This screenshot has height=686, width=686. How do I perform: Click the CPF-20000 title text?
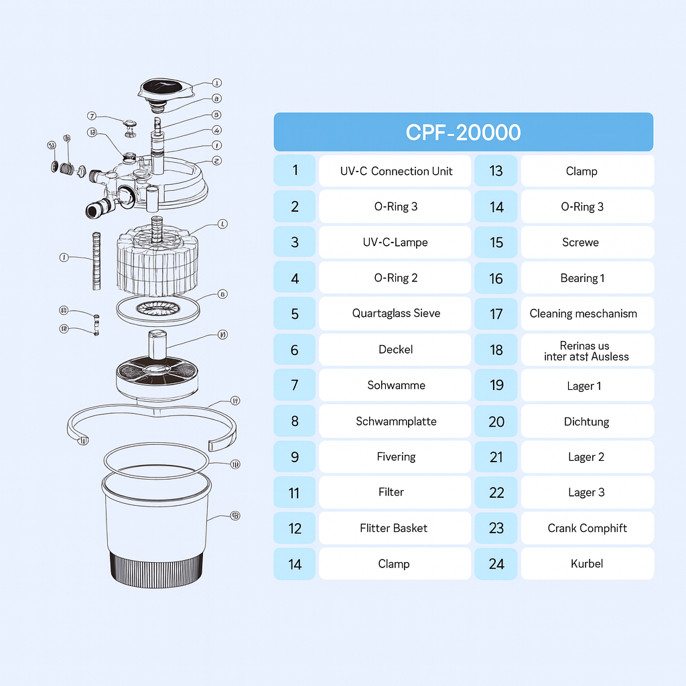[463, 132]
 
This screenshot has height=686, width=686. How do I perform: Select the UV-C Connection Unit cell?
[395, 171]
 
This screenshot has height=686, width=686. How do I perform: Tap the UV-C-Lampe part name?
[395, 242]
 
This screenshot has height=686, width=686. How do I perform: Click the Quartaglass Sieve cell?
[395, 313]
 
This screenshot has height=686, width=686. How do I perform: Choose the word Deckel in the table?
[395, 349]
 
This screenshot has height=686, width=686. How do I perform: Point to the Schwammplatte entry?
[395, 421]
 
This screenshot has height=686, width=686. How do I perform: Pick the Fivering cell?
[395, 457]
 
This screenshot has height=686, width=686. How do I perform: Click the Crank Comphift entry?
[587, 528]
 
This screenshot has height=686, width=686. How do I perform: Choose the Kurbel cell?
[587, 563]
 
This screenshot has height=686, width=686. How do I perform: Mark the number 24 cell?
[496, 563]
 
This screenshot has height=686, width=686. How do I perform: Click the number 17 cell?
[496, 313]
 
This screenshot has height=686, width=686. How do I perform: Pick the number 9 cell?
[295, 457]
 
